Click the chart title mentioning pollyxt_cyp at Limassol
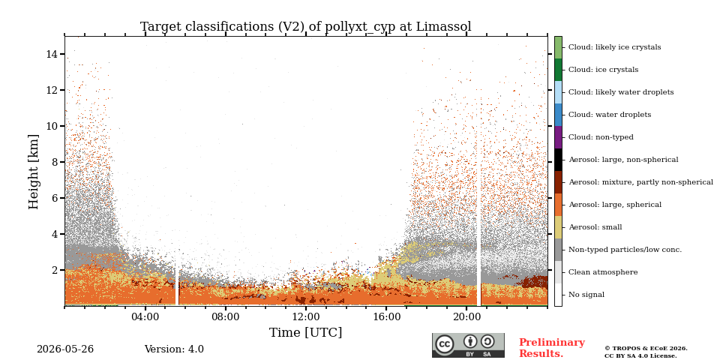(306, 27)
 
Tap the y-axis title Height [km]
(34, 172)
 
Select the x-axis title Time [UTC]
(306, 332)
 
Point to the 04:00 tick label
(145, 316)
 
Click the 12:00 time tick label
(306, 316)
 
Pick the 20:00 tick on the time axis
(466, 316)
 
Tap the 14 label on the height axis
(52, 54)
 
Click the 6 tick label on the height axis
(55, 198)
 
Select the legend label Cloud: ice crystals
(603, 70)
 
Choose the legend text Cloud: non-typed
(601, 137)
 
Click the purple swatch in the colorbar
(558, 137)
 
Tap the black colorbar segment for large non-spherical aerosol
(558, 160)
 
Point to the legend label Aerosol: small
(595, 227)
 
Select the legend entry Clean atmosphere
(603, 272)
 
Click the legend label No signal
(586, 295)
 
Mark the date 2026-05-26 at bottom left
(65, 349)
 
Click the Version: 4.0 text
(174, 349)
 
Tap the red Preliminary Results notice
(552, 348)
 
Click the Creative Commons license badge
(468, 345)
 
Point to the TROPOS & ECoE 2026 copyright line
(646, 349)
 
